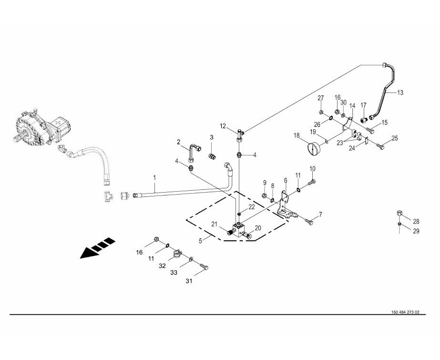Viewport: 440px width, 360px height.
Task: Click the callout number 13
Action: click(x=399, y=93)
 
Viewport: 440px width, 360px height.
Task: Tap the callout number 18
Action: click(x=296, y=136)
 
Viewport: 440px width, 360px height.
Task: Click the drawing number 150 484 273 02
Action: click(x=405, y=312)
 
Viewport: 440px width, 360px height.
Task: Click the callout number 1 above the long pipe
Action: click(x=154, y=178)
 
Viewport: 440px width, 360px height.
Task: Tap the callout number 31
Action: click(x=189, y=281)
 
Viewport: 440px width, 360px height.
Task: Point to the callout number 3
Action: click(x=212, y=137)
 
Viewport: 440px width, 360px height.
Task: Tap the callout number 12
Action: click(x=223, y=126)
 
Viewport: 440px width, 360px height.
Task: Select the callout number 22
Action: click(x=251, y=206)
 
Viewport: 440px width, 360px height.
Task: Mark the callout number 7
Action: click(x=320, y=214)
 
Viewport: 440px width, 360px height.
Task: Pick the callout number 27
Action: click(x=321, y=98)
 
